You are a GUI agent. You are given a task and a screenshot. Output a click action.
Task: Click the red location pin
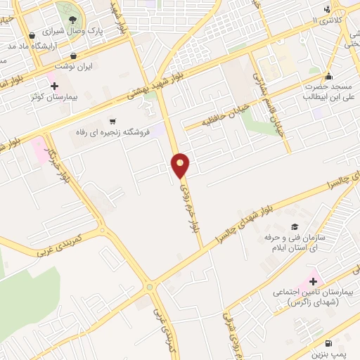tap(181, 165)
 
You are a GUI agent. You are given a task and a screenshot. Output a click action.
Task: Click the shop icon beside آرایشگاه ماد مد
tap(32, 35)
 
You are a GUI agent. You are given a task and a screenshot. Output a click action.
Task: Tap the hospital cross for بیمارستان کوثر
tap(54, 85)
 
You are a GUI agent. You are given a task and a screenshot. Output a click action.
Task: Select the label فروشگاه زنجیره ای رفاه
tap(112, 132)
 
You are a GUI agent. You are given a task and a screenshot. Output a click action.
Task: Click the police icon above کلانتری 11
tap(327, 9)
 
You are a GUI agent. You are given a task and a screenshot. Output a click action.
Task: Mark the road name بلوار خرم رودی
tap(187, 207)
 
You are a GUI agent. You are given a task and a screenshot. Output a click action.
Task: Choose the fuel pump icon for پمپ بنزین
tap(320, 342)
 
